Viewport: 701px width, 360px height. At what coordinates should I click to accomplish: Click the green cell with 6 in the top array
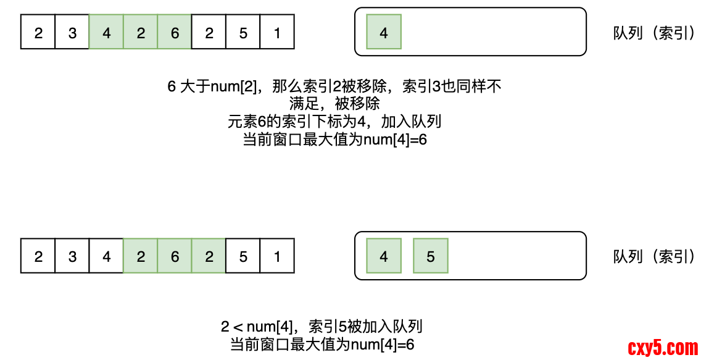175,32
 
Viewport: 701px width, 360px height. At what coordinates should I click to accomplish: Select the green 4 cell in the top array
107,32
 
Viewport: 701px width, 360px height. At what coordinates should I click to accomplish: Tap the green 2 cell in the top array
141,32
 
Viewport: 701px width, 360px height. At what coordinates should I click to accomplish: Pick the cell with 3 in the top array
72,32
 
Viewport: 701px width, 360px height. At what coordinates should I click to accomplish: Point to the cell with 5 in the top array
243,32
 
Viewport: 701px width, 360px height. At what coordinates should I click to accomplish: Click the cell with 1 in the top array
277,32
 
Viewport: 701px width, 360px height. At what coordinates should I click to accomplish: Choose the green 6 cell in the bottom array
175,256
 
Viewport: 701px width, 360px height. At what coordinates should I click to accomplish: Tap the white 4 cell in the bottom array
107,256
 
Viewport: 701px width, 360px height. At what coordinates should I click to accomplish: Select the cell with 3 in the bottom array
72,256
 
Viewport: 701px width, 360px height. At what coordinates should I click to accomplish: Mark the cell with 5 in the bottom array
243,256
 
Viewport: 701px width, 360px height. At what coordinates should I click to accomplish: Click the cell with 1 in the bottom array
277,256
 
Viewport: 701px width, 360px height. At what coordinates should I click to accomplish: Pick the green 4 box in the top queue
384,32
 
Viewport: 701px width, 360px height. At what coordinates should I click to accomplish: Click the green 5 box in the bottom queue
431,256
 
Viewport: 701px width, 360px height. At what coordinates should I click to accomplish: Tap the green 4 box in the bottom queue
384,256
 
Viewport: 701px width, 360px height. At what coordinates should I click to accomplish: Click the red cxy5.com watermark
663,348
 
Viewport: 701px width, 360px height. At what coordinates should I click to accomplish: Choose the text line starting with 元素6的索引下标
334,122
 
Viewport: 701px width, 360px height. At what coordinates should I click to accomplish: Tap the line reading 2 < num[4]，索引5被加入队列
321,327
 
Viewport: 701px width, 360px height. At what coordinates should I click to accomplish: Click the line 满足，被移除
334,104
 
